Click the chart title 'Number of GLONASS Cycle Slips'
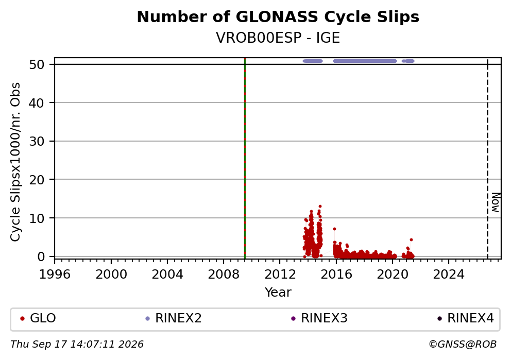(278, 17)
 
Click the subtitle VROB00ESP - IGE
(278, 38)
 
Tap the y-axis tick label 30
(37, 141)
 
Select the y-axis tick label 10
(37, 218)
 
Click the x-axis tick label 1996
(55, 275)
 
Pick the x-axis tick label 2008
(224, 275)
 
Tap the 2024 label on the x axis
(449, 275)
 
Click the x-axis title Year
(278, 292)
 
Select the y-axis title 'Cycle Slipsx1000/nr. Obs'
(15, 162)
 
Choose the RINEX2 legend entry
(174, 318)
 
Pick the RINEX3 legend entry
(319, 318)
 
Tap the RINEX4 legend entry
(465, 318)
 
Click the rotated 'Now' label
(496, 202)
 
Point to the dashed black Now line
(487, 159)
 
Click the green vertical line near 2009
(245, 159)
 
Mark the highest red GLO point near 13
(320, 206)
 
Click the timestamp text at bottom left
(77, 345)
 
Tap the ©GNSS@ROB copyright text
(463, 345)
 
